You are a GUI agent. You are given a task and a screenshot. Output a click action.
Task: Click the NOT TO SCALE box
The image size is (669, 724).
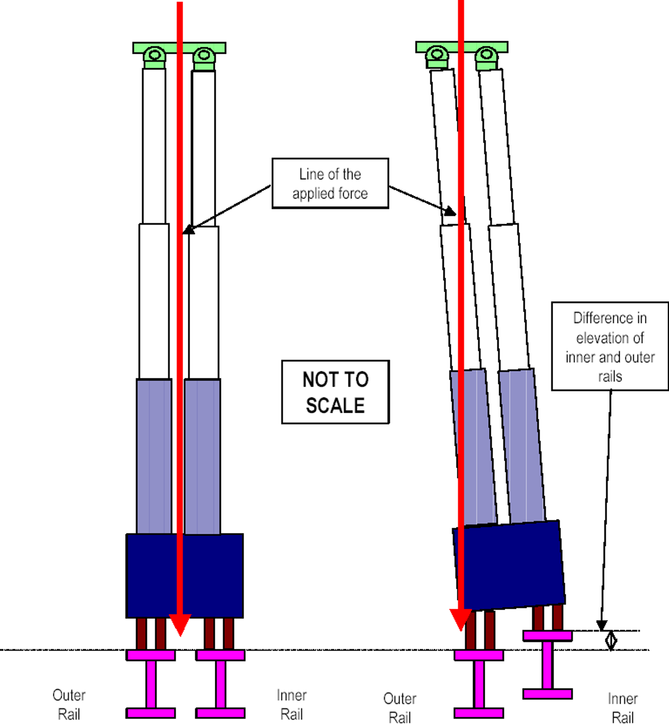point(335,392)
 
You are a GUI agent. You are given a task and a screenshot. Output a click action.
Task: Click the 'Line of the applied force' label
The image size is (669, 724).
point(330,184)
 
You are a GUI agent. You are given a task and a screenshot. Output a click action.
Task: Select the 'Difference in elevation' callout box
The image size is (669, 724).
point(610,347)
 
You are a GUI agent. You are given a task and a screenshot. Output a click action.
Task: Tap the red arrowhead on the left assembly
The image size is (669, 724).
point(180,624)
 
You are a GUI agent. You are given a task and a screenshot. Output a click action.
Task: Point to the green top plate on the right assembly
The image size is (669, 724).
point(496,46)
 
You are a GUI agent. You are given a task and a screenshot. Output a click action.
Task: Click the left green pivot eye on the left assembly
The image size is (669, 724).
point(154,55)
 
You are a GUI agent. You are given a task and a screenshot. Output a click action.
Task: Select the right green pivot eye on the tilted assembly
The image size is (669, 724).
point(486,55)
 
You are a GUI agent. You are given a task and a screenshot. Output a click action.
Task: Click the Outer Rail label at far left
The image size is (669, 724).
point(69,704)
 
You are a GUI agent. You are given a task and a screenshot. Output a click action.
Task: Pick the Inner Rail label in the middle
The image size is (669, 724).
point(292,704)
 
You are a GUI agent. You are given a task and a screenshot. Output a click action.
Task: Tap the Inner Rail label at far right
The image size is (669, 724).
point(623,708)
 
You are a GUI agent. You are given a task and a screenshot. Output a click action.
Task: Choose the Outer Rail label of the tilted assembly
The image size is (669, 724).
point(400,708)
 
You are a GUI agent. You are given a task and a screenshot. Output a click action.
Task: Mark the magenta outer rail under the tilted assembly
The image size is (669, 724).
point(479,684)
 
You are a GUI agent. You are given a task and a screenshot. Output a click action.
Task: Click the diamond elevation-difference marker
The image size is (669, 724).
point(611,640)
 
